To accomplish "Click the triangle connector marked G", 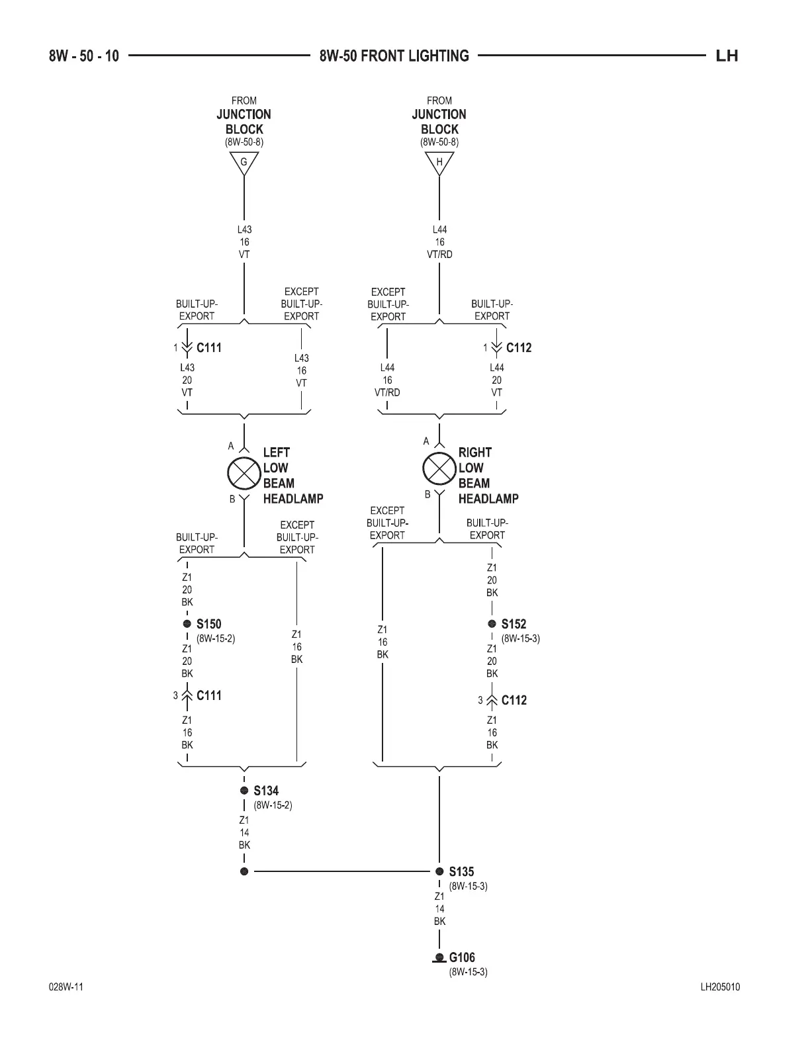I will [x=244, y=162].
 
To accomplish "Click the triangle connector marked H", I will [x=439, y=162].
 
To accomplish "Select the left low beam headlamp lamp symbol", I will [x=244, y=472].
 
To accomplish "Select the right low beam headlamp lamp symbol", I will [x=439, y=468].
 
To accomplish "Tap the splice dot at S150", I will [x=187, y=624].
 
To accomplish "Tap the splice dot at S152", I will [x=492, y=624].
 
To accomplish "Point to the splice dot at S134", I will [x=244, y=791].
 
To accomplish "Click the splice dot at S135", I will [x=439, y=871].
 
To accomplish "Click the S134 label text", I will [x=266, y=791].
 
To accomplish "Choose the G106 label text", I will [x=462, y=957].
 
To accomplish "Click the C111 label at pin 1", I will [x=209, y=348].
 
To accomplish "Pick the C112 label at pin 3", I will [x=514, y=700].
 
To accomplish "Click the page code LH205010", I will [x=720, y=987].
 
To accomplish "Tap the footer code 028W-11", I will [x=66, y=987].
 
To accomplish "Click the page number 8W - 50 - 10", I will [x=84, y=56].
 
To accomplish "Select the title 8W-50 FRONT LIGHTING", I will [x=394, y=56].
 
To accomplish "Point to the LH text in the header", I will [x=727, y=56].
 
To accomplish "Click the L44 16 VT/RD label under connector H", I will [x=439, y=242].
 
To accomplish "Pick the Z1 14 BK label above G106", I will [x=439, y=908].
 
